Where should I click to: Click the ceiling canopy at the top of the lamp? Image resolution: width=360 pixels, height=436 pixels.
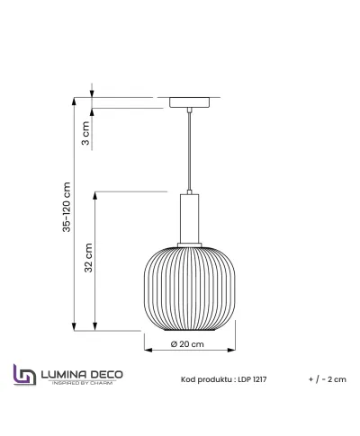189,102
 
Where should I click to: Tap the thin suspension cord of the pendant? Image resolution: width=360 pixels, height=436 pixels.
189,148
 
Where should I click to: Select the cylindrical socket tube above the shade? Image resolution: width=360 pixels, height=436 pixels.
189,216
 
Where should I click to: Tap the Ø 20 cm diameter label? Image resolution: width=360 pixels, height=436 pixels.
187,344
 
